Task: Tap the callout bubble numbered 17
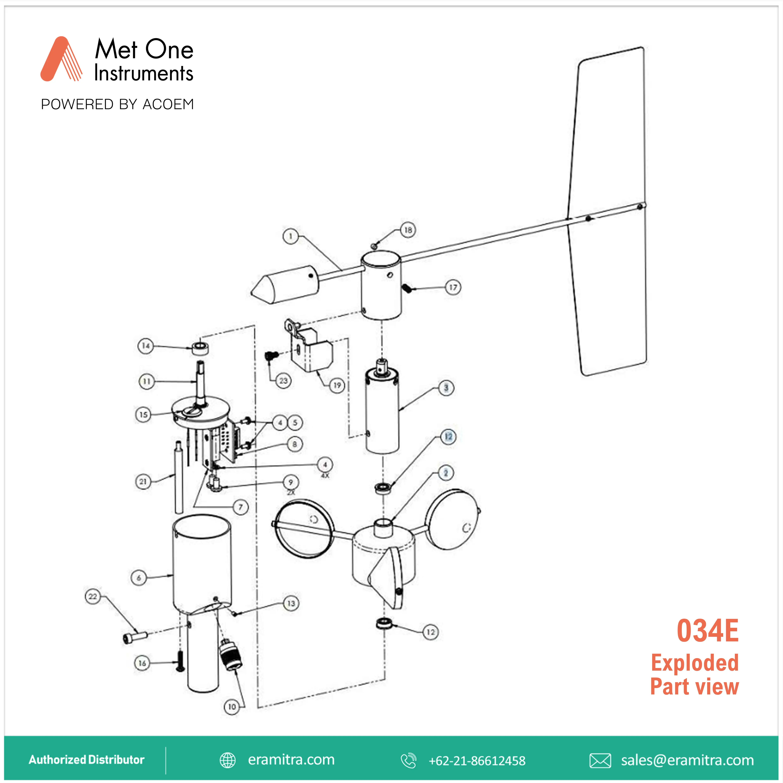[453, 287]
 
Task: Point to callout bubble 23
[283, 381]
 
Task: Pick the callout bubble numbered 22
[93, 597]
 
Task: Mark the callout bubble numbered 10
[232, 707]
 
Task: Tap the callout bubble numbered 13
[291, 603]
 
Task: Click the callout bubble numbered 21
[143, 482]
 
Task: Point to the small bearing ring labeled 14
[200, 348]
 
